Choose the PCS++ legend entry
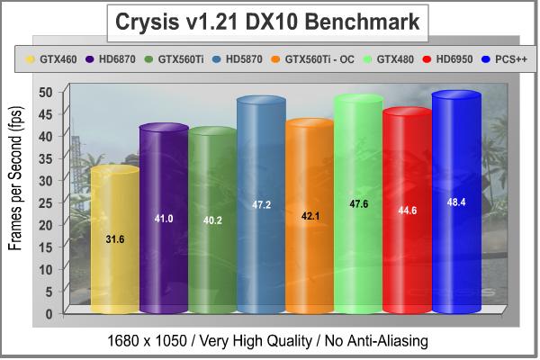tap(510, 61)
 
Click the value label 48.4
tap(456, 202)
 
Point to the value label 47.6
tap(358, 204)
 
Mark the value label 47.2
tap(261, 205)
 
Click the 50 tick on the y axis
tap(45, 92)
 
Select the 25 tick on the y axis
tap(45, 202)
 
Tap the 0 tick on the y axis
tap(49, 313)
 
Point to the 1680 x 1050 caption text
tap(269, 340)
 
